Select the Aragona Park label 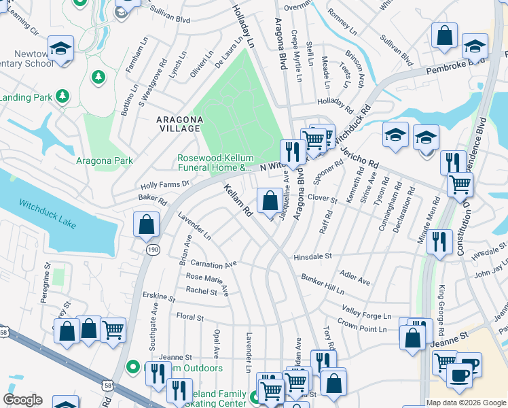pyautogui.click(x=104, y=160)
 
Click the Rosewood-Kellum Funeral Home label pyautogui.click(x=216, y=163)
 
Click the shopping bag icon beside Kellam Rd pyautogui.click(x=270, y=201)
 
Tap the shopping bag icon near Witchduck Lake pyautogui.click(x=146, y=224)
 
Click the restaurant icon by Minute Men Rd pyautogui.click(x=440, y=241)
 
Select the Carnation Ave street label pyautogui.click(x=213, y=263)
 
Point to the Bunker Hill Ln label pyautogui.click(x=323, y=284)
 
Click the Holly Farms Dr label pyautogui.click(x=164, y=184)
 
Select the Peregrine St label pyautogui.click(x=46, y=278)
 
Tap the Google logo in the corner pyautogui.click(x=22, y=400)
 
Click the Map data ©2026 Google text pyautogui.click(x=466, y=403)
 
